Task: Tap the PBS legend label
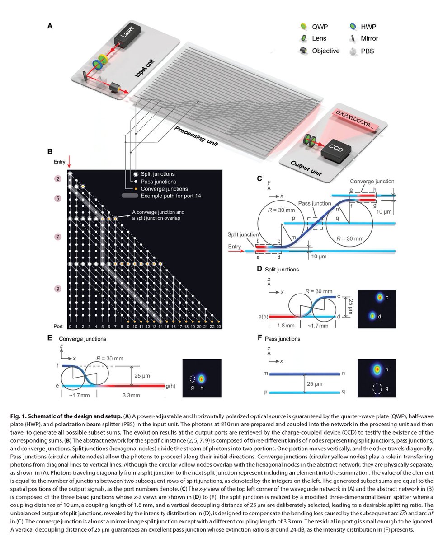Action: pyautogui.click(x=367, y=51)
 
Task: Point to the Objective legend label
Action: pyautogui.click(x=325, y=51)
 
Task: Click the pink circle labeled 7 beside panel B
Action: pyautogui.click(x=57, y=237)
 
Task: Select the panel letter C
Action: pyautogui.click(x=259, y=178)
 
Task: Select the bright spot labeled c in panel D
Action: pyautogui.click(x=380, y=298)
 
